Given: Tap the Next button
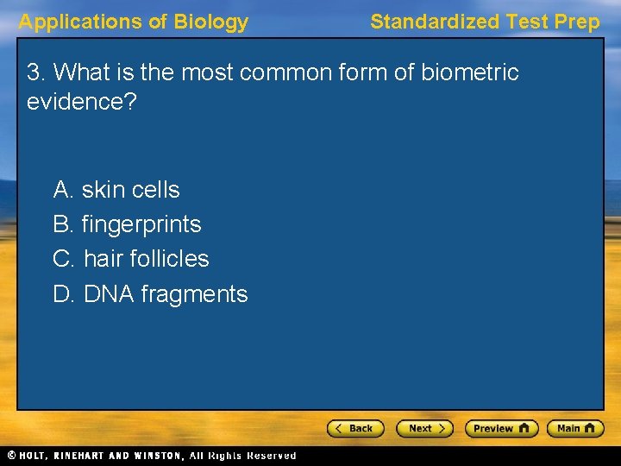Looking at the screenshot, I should [x=423, y=428].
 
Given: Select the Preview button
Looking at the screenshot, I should [x=500, y=428].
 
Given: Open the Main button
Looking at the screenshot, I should [x=575, y=428].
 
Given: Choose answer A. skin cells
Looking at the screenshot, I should [x=116, y=189].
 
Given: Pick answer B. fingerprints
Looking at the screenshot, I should [x=127, y=224].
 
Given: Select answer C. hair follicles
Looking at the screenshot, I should [x=131, y=259].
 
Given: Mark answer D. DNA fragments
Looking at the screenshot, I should [x=150, y=294].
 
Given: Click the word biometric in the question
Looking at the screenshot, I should [x=470, y=72].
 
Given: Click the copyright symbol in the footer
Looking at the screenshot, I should [x=11, y=456].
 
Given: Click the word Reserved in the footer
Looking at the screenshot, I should [x=271, y=456].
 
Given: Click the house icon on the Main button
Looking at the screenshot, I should [x=590, y=428].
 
